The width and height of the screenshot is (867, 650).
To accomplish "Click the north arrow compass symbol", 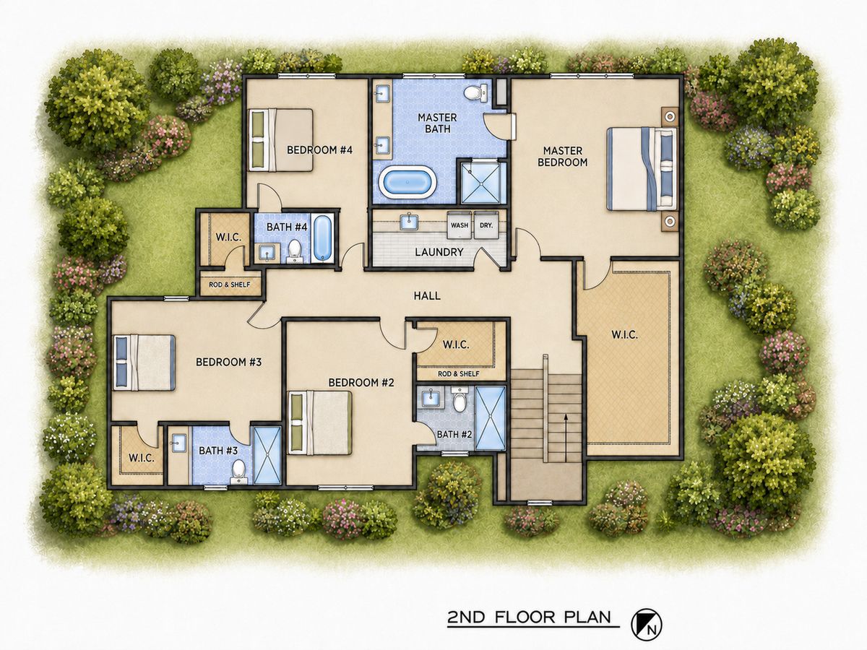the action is coord(647,625).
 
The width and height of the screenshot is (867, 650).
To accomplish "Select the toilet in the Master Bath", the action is coord(475,93).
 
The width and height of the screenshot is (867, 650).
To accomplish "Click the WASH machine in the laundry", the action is coord(460,225).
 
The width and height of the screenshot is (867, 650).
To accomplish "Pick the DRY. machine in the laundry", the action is coord(486,225).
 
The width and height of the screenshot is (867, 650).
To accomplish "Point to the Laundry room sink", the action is coord(409,221).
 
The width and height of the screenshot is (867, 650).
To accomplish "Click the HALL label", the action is coord(427,295).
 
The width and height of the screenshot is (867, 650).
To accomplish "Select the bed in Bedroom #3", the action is coord(144,363).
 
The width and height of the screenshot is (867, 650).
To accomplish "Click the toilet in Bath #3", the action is coord(238,472).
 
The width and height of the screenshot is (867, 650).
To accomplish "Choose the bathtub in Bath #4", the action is coord(323,238).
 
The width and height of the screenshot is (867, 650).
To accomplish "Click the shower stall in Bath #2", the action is coord(490,418).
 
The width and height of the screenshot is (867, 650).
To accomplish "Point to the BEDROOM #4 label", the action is coord(319,150).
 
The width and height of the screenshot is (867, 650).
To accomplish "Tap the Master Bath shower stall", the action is coord(481,183).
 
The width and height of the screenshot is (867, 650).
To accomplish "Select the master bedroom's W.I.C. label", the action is coord(625,335).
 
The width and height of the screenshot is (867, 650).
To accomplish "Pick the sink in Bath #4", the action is coord(269,253).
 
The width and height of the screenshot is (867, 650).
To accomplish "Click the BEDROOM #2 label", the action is coord(361,383).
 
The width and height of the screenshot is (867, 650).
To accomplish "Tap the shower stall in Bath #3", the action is coord(267,456).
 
